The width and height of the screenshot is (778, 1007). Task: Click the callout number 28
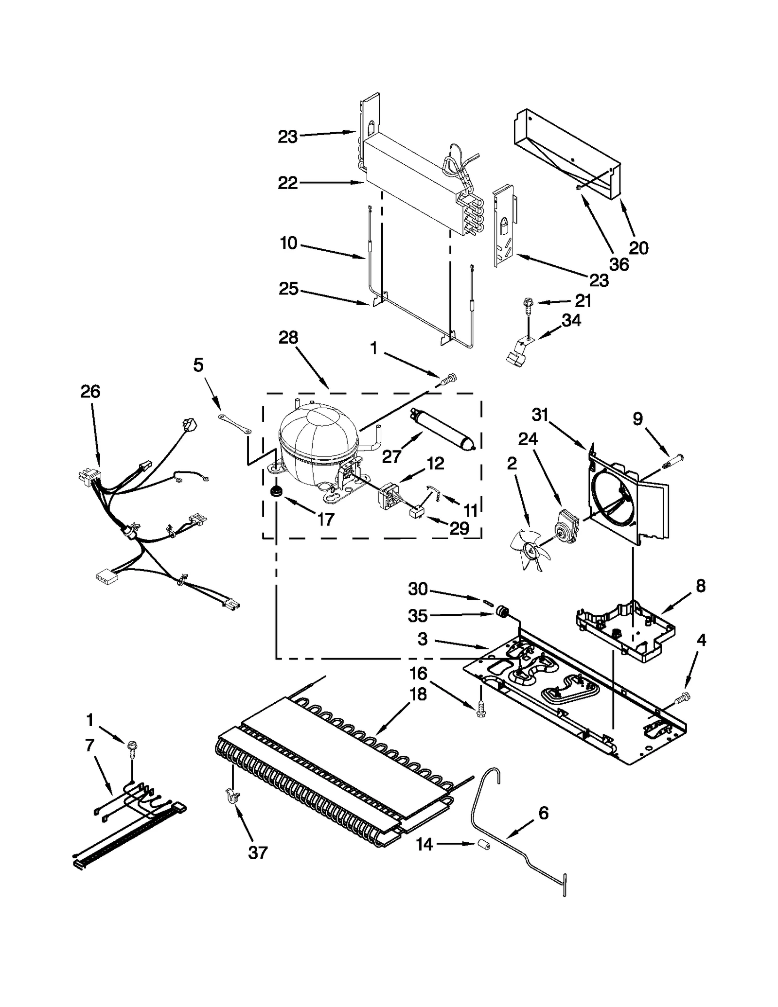pyautogui.click(x=288, y=337)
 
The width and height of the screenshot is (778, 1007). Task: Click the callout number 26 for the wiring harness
pyautogui.click(x=90, y=391)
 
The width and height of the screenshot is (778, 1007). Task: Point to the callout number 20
pyautogui.click(x=638, y=248)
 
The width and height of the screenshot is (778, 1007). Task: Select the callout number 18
pyautogui.click(x=418, y=694)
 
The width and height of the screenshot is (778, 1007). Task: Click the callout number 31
pyautogui.click(x=540, y=415)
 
